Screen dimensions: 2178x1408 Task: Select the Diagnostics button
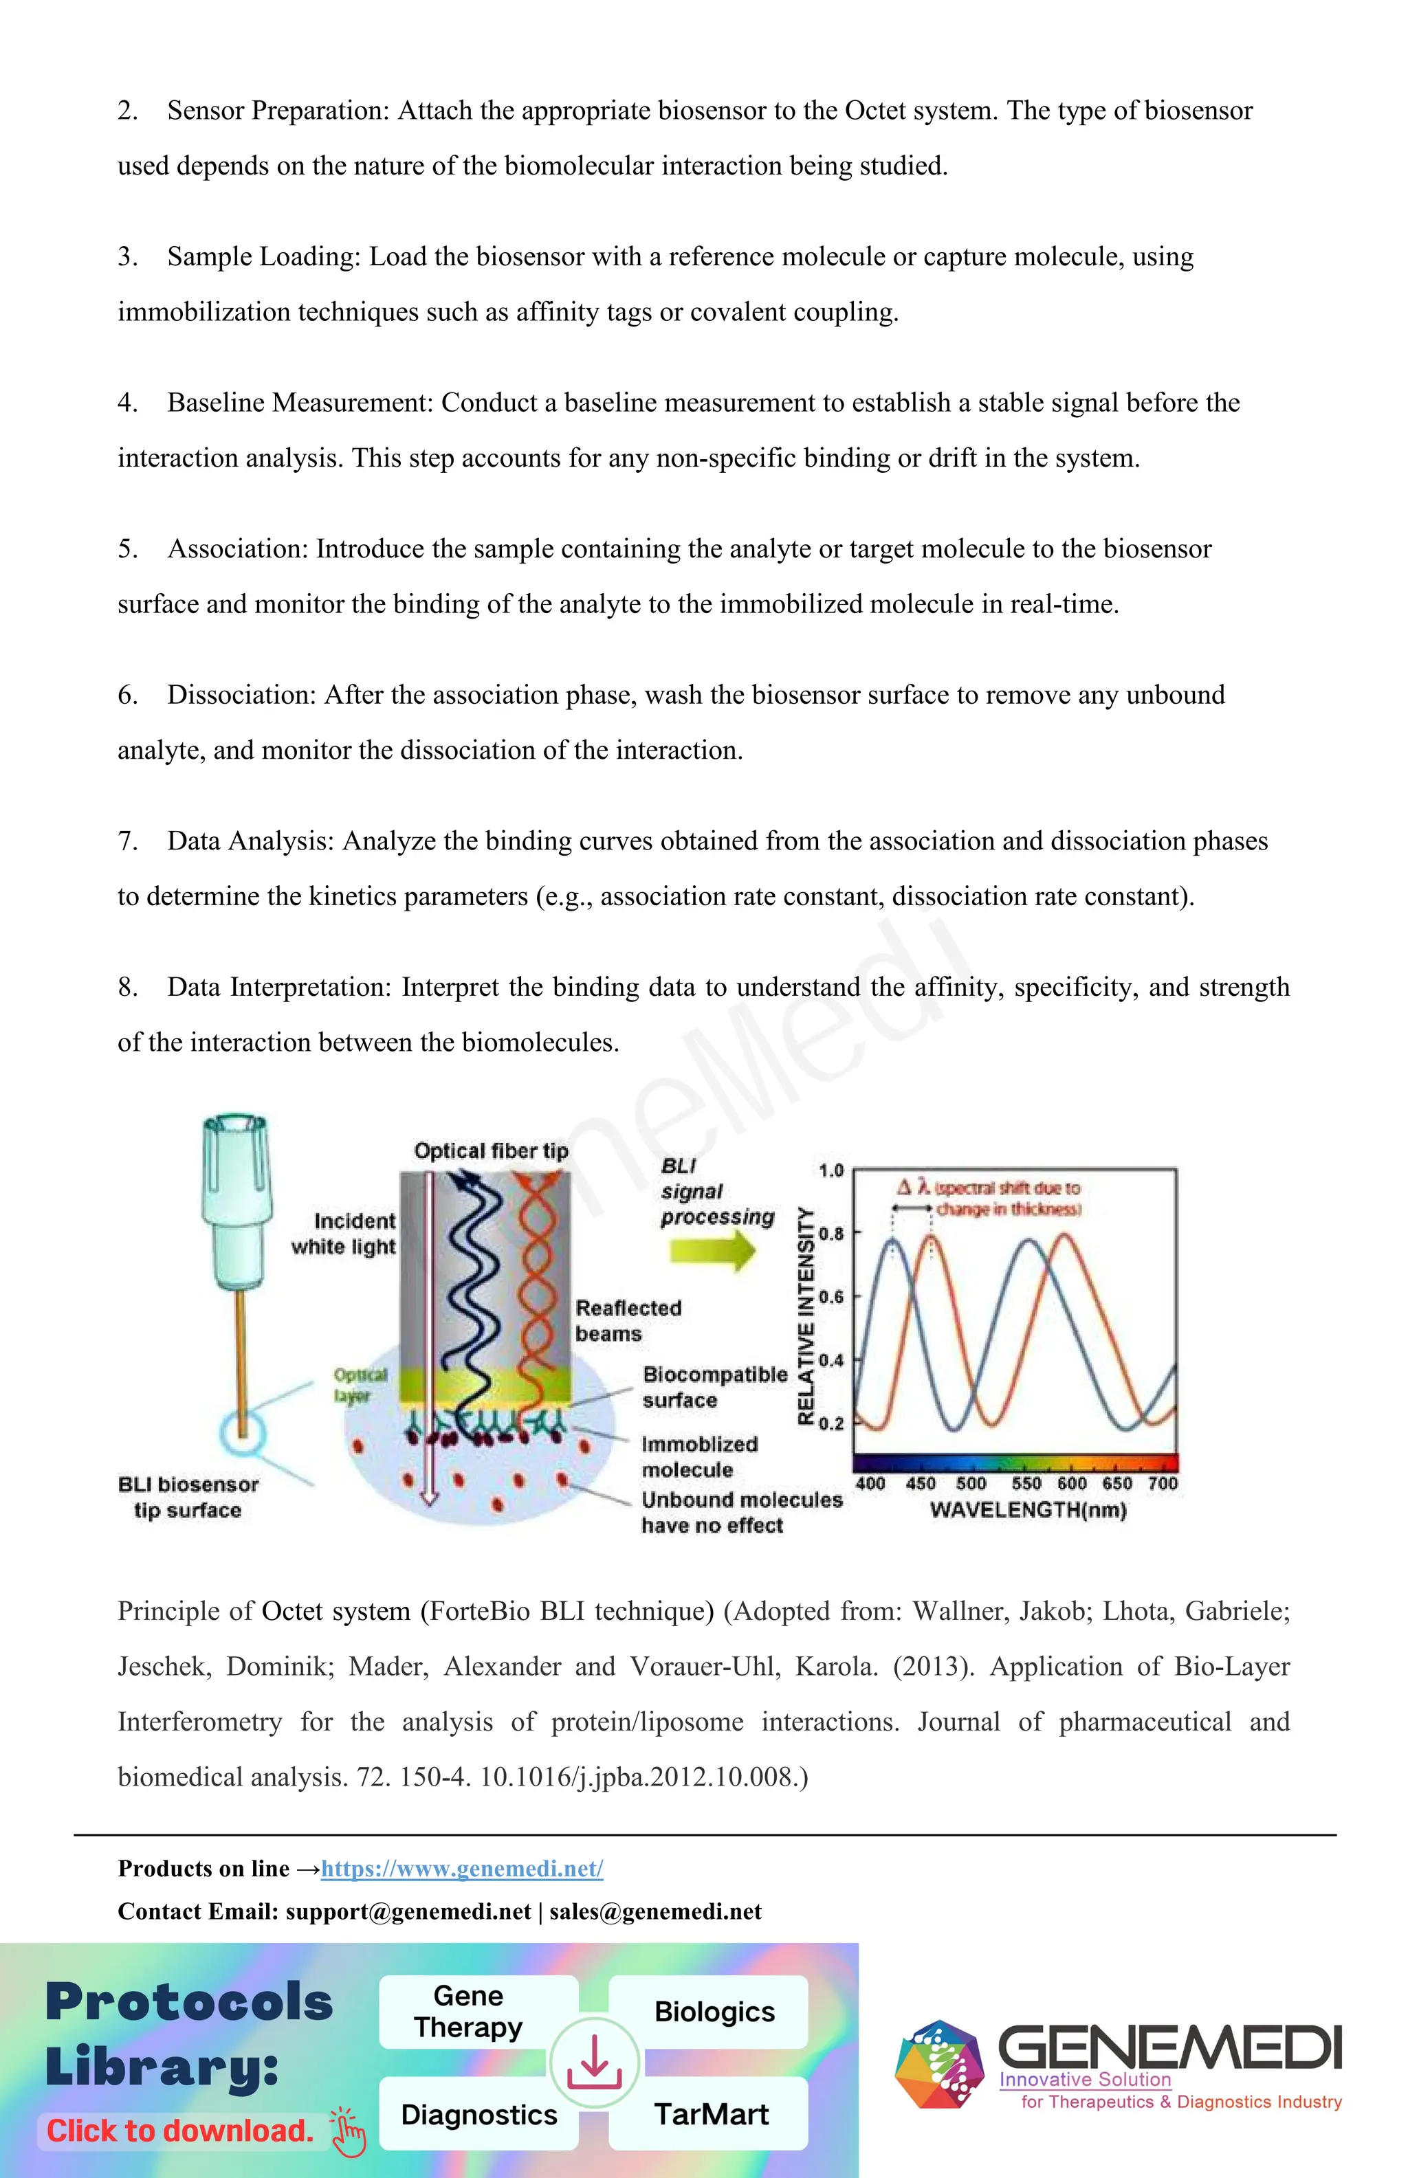tap(478, 2114)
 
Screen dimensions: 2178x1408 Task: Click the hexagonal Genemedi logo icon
tap(939, 2065)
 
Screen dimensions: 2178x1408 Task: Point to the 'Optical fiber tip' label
tap(491, 1151)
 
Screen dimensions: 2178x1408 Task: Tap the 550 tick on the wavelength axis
tap(1026, 1483)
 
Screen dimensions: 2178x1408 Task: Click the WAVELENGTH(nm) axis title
tap(1028, 1510)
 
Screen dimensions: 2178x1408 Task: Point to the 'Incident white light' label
tap(344, 1234)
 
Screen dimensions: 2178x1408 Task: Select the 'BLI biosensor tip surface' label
tap(188, 1497)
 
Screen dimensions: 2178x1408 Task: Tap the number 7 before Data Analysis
tap(126, 841)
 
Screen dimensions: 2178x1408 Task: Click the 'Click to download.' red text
tap(180, 2131)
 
